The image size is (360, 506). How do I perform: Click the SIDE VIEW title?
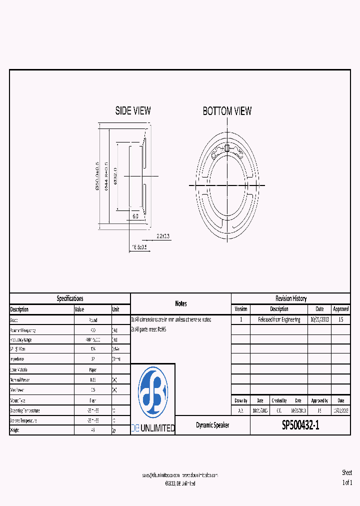point(133,111)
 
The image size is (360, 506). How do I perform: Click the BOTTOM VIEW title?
point(227,111)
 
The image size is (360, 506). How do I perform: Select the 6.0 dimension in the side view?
point(135,216)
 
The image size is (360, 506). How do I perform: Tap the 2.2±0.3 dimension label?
point(163,235)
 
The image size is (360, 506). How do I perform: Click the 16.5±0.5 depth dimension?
point(139,247)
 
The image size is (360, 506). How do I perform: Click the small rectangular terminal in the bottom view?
point(227,148)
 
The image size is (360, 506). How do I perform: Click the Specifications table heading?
point(70,298)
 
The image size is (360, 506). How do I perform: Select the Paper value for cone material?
point(92,369)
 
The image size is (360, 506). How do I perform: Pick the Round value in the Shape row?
point(92,320)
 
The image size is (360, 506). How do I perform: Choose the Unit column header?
point(116,309)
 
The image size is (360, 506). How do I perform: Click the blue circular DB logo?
point(153,391)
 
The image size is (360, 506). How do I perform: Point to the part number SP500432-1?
point(300,425)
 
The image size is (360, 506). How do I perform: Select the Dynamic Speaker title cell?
point(212,425)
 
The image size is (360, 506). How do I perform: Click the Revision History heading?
point(290,298)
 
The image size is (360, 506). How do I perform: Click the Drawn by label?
point(240,400)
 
